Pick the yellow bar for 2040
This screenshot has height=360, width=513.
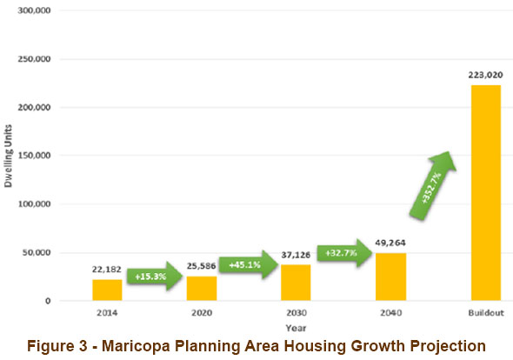[390, 277]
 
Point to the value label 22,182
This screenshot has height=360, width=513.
[107, 271]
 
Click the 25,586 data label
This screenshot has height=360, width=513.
[203, 268]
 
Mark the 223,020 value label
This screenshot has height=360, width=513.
[485, 76]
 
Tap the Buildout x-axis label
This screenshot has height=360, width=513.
[485, 311]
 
